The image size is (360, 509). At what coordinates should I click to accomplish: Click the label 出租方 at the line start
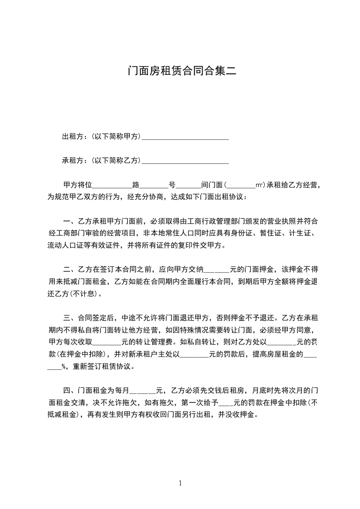click(71, 136)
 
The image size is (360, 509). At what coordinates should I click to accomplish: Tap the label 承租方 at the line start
click(71, 160)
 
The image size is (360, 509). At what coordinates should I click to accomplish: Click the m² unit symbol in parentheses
click(259, 185)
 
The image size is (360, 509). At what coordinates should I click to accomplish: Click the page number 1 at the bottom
click(180, 483)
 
